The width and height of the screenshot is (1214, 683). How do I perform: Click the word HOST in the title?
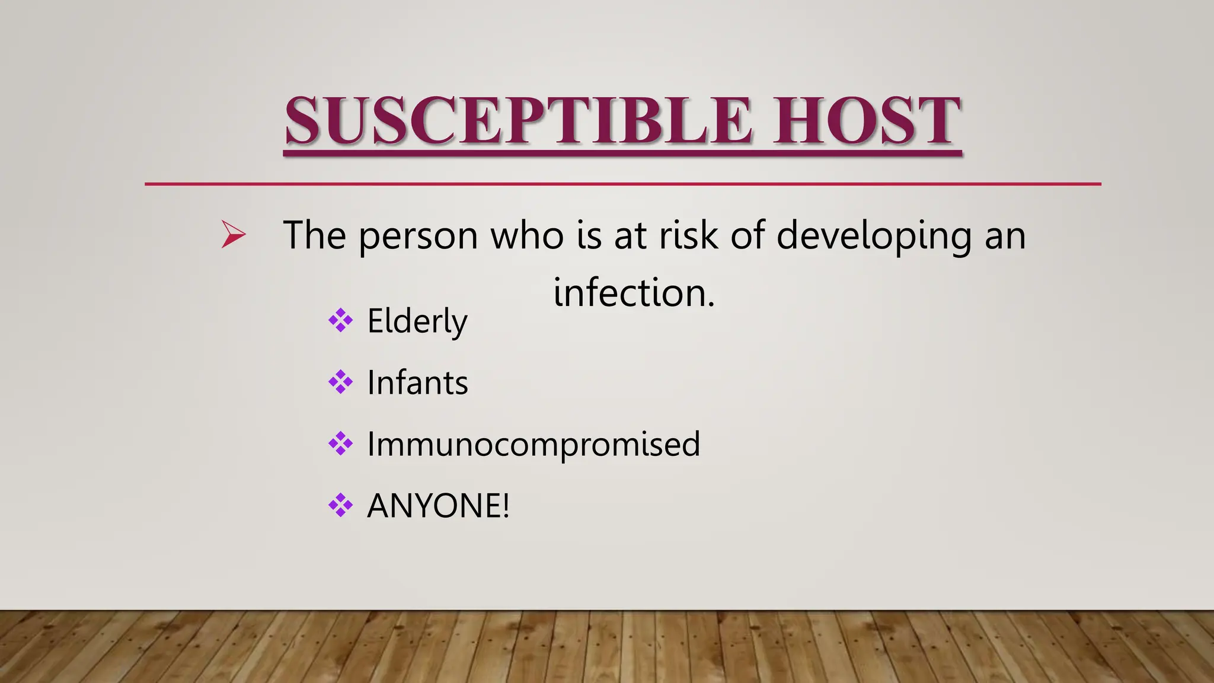tap(867, 121)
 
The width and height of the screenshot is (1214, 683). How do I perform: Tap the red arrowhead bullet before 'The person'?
tap(233, 234)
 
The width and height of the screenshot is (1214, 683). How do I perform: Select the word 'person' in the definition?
tap(418, 237)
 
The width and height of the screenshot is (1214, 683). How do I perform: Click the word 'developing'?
tap(874, 237)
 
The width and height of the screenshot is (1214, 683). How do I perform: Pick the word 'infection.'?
tap(634, 293)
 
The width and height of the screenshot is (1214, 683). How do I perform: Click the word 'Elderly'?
tap(417, 322)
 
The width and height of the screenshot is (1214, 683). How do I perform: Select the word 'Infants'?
tap(417, 382)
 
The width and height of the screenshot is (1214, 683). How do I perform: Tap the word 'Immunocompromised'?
tap(533, 445)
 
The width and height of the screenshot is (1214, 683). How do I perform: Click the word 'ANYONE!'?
tap(438, 506)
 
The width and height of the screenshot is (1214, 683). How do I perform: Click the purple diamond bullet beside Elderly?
tap(340, 321)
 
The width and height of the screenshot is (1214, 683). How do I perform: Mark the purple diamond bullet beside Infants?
tap(340, 382)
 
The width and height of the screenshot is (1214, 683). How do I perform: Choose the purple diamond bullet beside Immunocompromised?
tap(340, 443)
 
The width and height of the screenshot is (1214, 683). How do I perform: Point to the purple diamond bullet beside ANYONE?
tap(340, 505)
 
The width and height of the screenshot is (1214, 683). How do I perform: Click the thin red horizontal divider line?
tap(622, 184)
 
